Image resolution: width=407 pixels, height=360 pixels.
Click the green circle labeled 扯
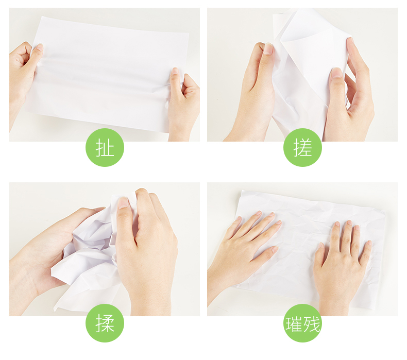[x=105, y=147]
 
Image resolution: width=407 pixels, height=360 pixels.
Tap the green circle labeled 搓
[x=302, y=147]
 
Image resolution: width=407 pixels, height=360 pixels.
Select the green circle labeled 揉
[x=105, y=323]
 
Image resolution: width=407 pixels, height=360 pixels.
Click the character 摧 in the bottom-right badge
[x=294, y=324]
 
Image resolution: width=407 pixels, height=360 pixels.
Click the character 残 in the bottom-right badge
[x=312, y=324]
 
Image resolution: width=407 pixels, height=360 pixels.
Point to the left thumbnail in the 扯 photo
[x=40, y=47]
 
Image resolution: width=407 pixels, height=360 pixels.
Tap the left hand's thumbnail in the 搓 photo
[x=268, y=49]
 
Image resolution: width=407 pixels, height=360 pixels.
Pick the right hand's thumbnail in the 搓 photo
[x=337, y=73]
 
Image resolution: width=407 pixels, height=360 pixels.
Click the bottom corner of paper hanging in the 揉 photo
[x=55, y=309]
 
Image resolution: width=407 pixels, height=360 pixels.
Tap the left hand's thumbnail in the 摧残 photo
[x=275, y=249]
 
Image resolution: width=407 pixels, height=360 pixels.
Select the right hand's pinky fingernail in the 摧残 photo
[x=369, y=243]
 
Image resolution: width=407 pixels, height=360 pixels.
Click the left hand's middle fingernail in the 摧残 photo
[x=272, y=214]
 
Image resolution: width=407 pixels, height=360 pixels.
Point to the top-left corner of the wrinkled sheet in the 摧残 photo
[x=243, y=191]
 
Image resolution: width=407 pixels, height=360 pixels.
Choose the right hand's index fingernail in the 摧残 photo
[x=337, y=224]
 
